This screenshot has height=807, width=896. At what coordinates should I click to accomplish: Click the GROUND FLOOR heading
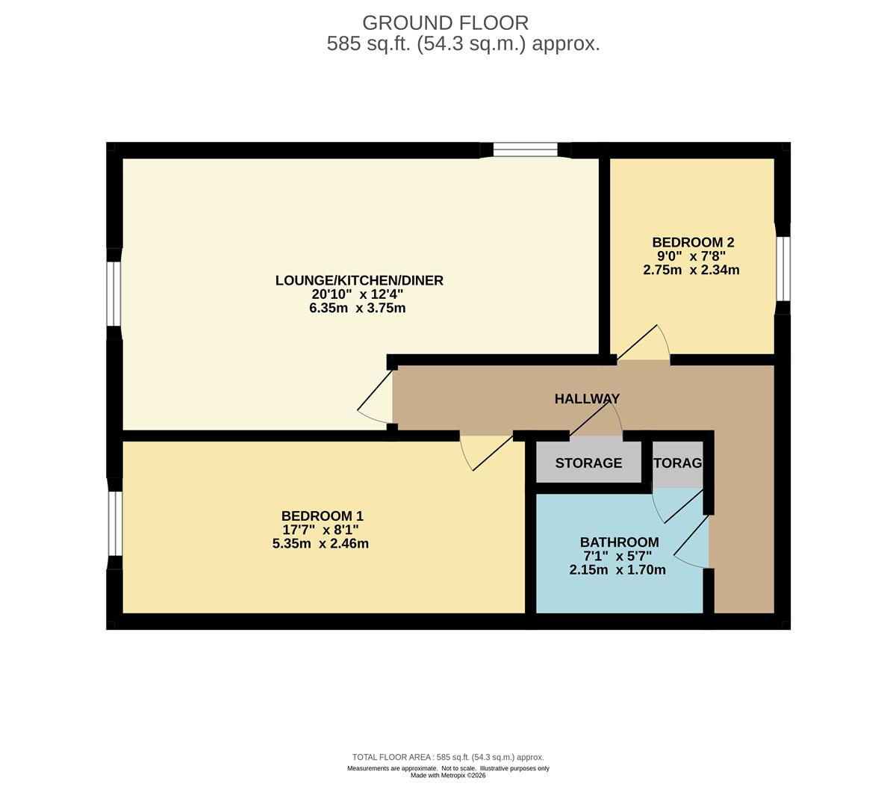tap(445, 23)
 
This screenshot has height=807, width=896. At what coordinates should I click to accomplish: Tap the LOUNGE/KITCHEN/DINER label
tap(359, 280)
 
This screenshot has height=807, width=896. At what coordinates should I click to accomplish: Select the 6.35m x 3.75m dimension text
tap(358, 308)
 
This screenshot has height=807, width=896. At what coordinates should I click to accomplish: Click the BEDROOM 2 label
tap(693, 242)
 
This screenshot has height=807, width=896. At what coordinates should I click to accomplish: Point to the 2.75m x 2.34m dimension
tap(691, 270)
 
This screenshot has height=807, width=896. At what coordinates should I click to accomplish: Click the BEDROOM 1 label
tap(323, 516)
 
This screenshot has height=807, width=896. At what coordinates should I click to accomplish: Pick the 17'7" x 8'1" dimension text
tap(321, 530)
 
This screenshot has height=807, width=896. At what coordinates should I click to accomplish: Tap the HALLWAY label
tap(587, 399)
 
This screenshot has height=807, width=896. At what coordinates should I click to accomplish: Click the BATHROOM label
tap(620, 542)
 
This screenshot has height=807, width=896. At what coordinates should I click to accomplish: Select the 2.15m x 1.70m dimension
tap(617, 570)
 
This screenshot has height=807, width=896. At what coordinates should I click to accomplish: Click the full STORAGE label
tap(588, 463)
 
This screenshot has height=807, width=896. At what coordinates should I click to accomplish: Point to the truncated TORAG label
tap(677, 463)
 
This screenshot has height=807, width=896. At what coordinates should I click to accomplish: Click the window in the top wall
tap(525, 149)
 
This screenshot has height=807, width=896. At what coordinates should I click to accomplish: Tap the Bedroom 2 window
tap(783, 269)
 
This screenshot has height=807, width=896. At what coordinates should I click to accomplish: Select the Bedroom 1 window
tap(114, 524)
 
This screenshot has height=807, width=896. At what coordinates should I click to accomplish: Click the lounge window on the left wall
tap(114, 294)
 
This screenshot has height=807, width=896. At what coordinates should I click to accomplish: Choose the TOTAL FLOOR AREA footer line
tap(448, 757)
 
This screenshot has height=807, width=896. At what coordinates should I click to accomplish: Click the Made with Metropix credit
tap(448, 776)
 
